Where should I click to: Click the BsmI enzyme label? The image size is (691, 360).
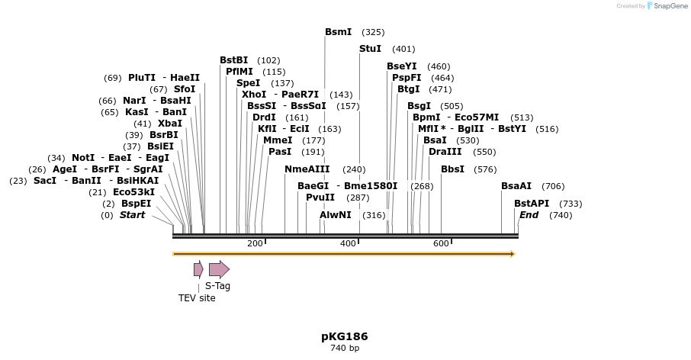click(x=338, y=32)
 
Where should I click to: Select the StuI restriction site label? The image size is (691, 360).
click(x=370, y=49)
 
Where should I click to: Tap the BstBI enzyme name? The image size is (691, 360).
click(x=233, y=60)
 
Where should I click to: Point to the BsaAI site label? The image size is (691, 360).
click(x=516, y=186)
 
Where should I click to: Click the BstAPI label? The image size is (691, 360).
click(x=531, y=204)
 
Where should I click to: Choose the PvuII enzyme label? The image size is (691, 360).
click(x=320, y=198)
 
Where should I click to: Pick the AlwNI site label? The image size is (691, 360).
click(x=336, y=215)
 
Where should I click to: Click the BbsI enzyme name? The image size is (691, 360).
click(x=452, y=169)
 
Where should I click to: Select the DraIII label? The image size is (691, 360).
click(x=445, y=152)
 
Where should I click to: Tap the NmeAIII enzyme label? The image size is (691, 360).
click(x=307, y=169)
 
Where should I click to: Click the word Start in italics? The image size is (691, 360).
click(x=132, y=215)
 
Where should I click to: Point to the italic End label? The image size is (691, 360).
click(x=529, y=215)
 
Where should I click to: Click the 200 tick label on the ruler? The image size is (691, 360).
click(x=255, y=243)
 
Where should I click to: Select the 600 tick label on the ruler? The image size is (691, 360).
click(x=441, y=243)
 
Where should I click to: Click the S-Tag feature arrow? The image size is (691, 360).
click(x=219, y=268)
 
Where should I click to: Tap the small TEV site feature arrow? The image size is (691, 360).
click(x=198, y=268)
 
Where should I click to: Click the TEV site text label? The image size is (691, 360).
click(x=197, y=298)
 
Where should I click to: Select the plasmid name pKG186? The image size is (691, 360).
click(x=345, y=336)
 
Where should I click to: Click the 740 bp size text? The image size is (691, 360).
click(x=345, y=349)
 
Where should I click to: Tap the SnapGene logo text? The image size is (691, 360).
click(x=667, y=6)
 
